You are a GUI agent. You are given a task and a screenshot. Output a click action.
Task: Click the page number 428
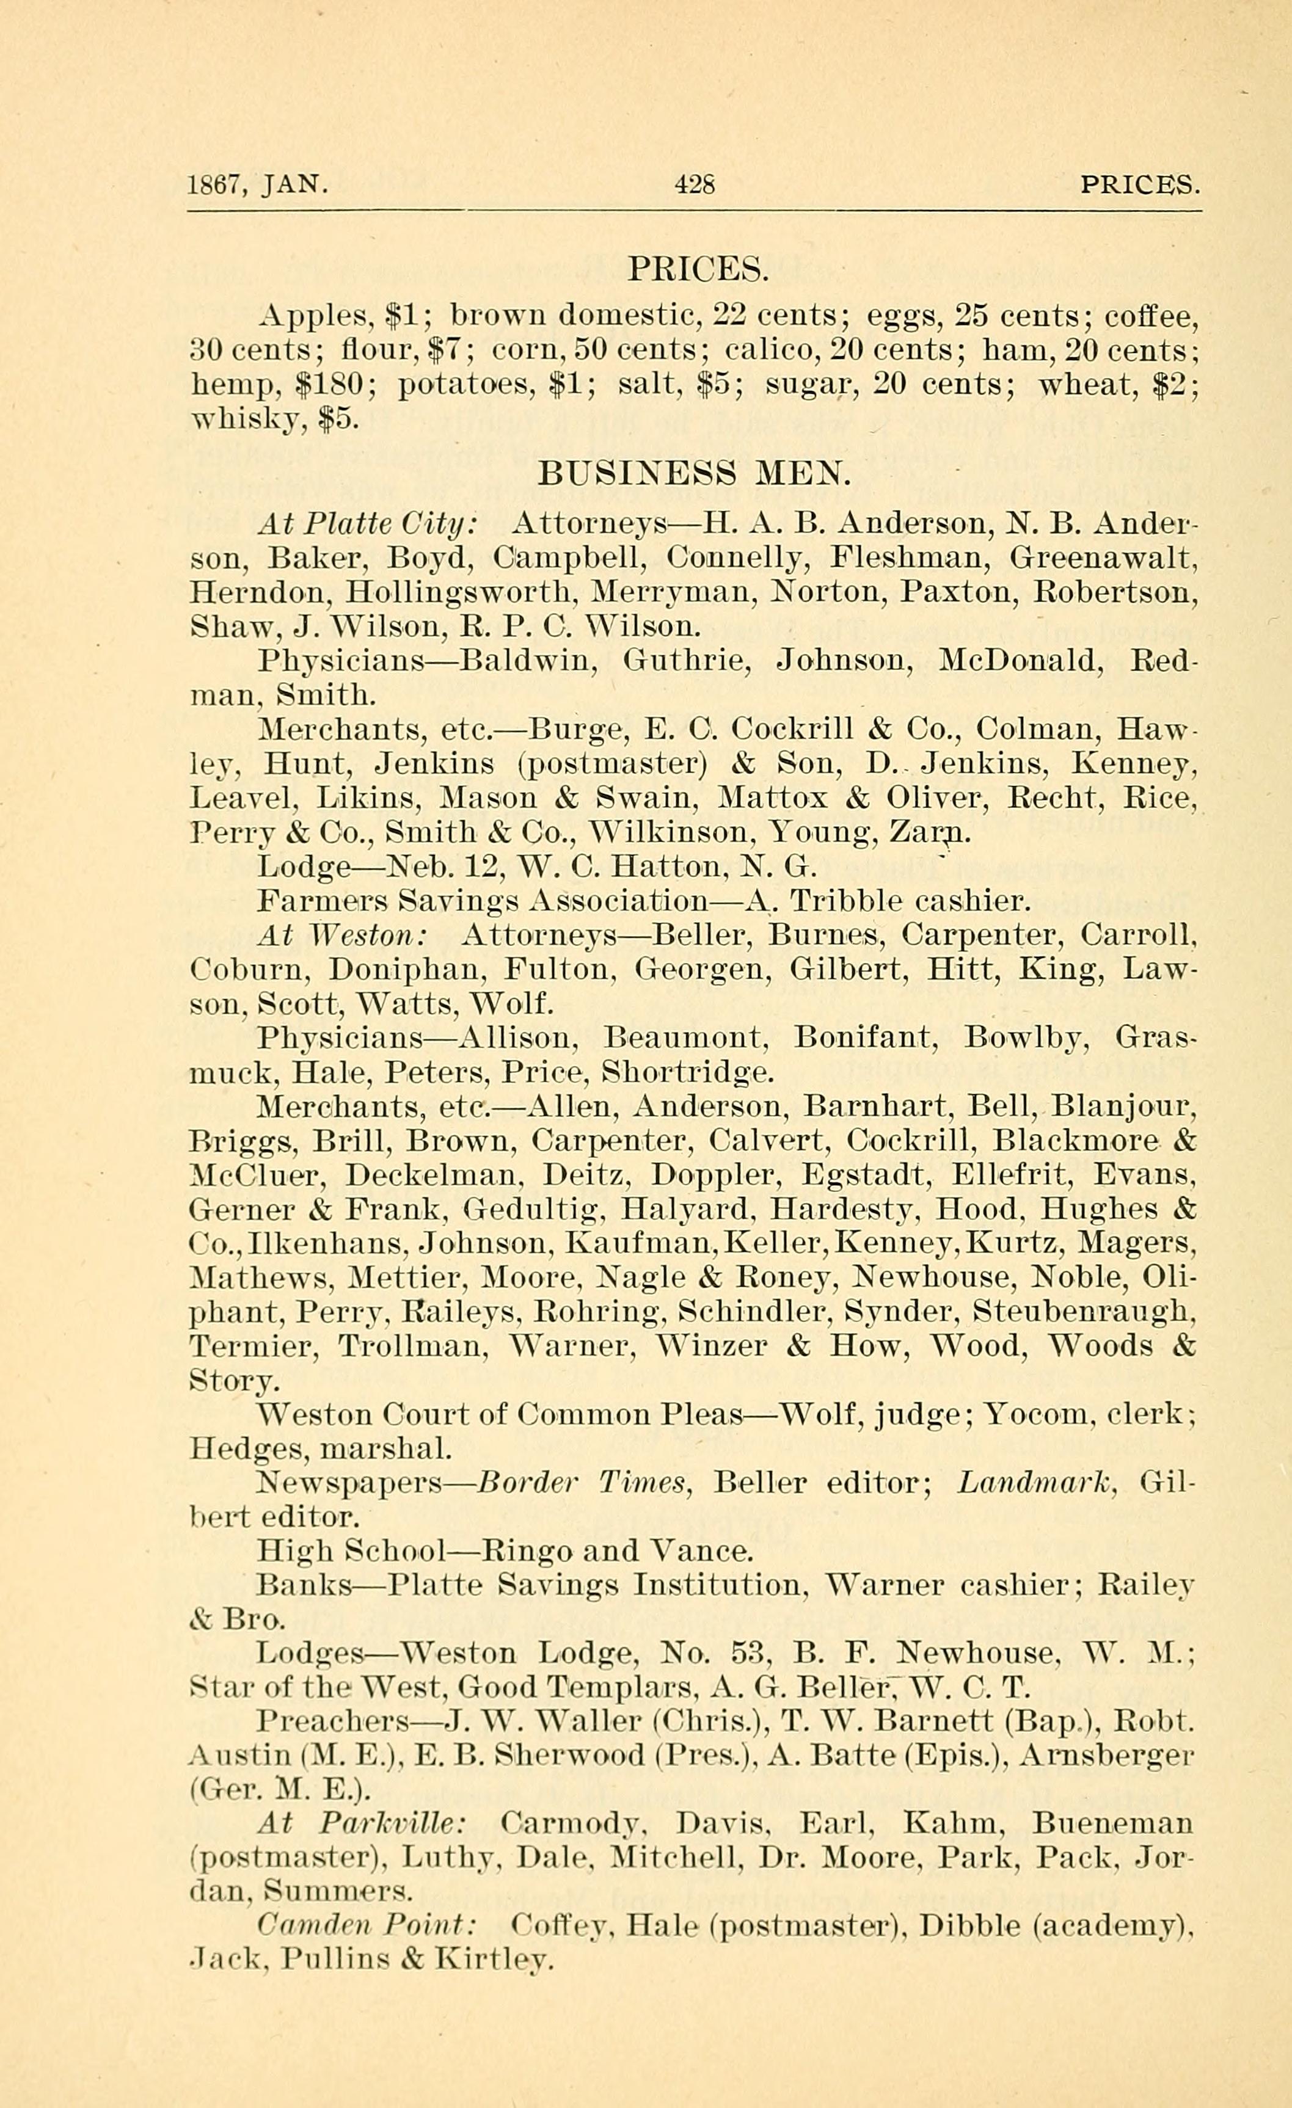click(x=694, y=184)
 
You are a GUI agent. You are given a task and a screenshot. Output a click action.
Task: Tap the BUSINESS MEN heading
click(x=694, y=473)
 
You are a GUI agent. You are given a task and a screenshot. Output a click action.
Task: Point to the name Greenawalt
click(x=1104, y=558)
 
